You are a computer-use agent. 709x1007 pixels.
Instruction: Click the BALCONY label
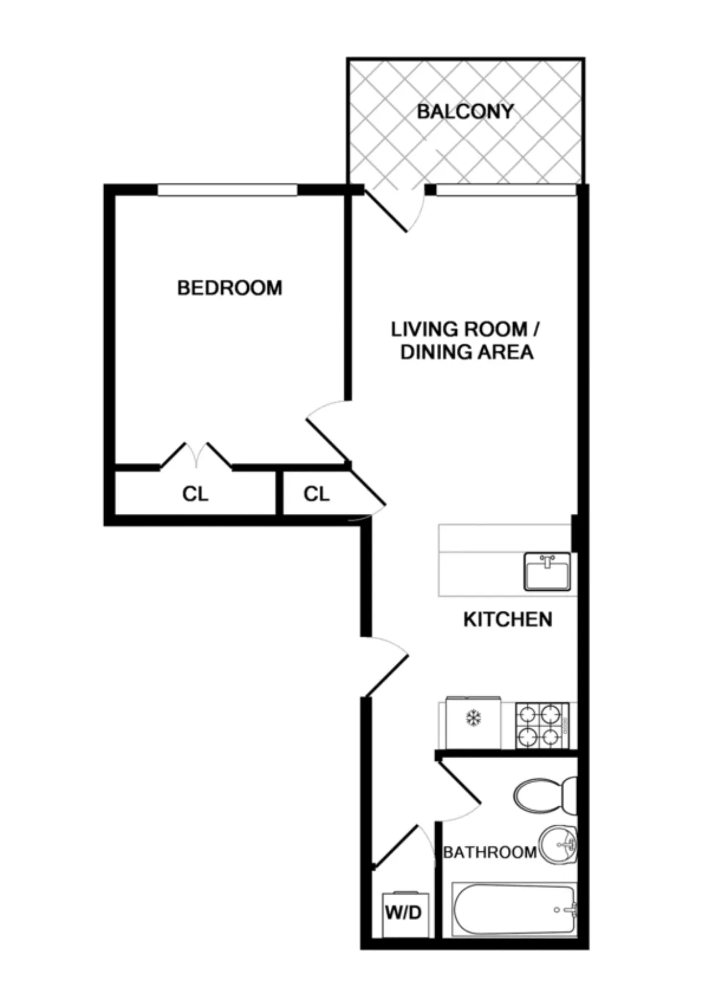(x=465, y=111)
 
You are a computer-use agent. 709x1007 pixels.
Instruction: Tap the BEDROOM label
(x=230, y=287)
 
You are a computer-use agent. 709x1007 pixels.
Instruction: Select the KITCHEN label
(x=507, y=619)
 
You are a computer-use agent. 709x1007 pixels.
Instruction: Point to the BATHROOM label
(x=490, y=852)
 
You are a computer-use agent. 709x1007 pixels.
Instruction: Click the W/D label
(x=403, y=912)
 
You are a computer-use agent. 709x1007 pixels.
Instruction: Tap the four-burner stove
(x=542, y=725)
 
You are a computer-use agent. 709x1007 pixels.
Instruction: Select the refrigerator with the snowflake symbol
(x=473, y=723)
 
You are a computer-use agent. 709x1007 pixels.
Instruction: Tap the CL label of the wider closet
(x=195, y=494)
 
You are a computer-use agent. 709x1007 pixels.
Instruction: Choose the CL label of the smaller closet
(x=316, y=494)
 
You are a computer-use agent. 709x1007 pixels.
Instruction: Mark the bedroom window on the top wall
(x=227, y=190)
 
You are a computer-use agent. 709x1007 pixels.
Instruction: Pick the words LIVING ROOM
(x=458, y=330)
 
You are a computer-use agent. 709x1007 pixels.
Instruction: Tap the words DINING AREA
(x=467, y=352)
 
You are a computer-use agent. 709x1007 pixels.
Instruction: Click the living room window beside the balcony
(x=506, y=190)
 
